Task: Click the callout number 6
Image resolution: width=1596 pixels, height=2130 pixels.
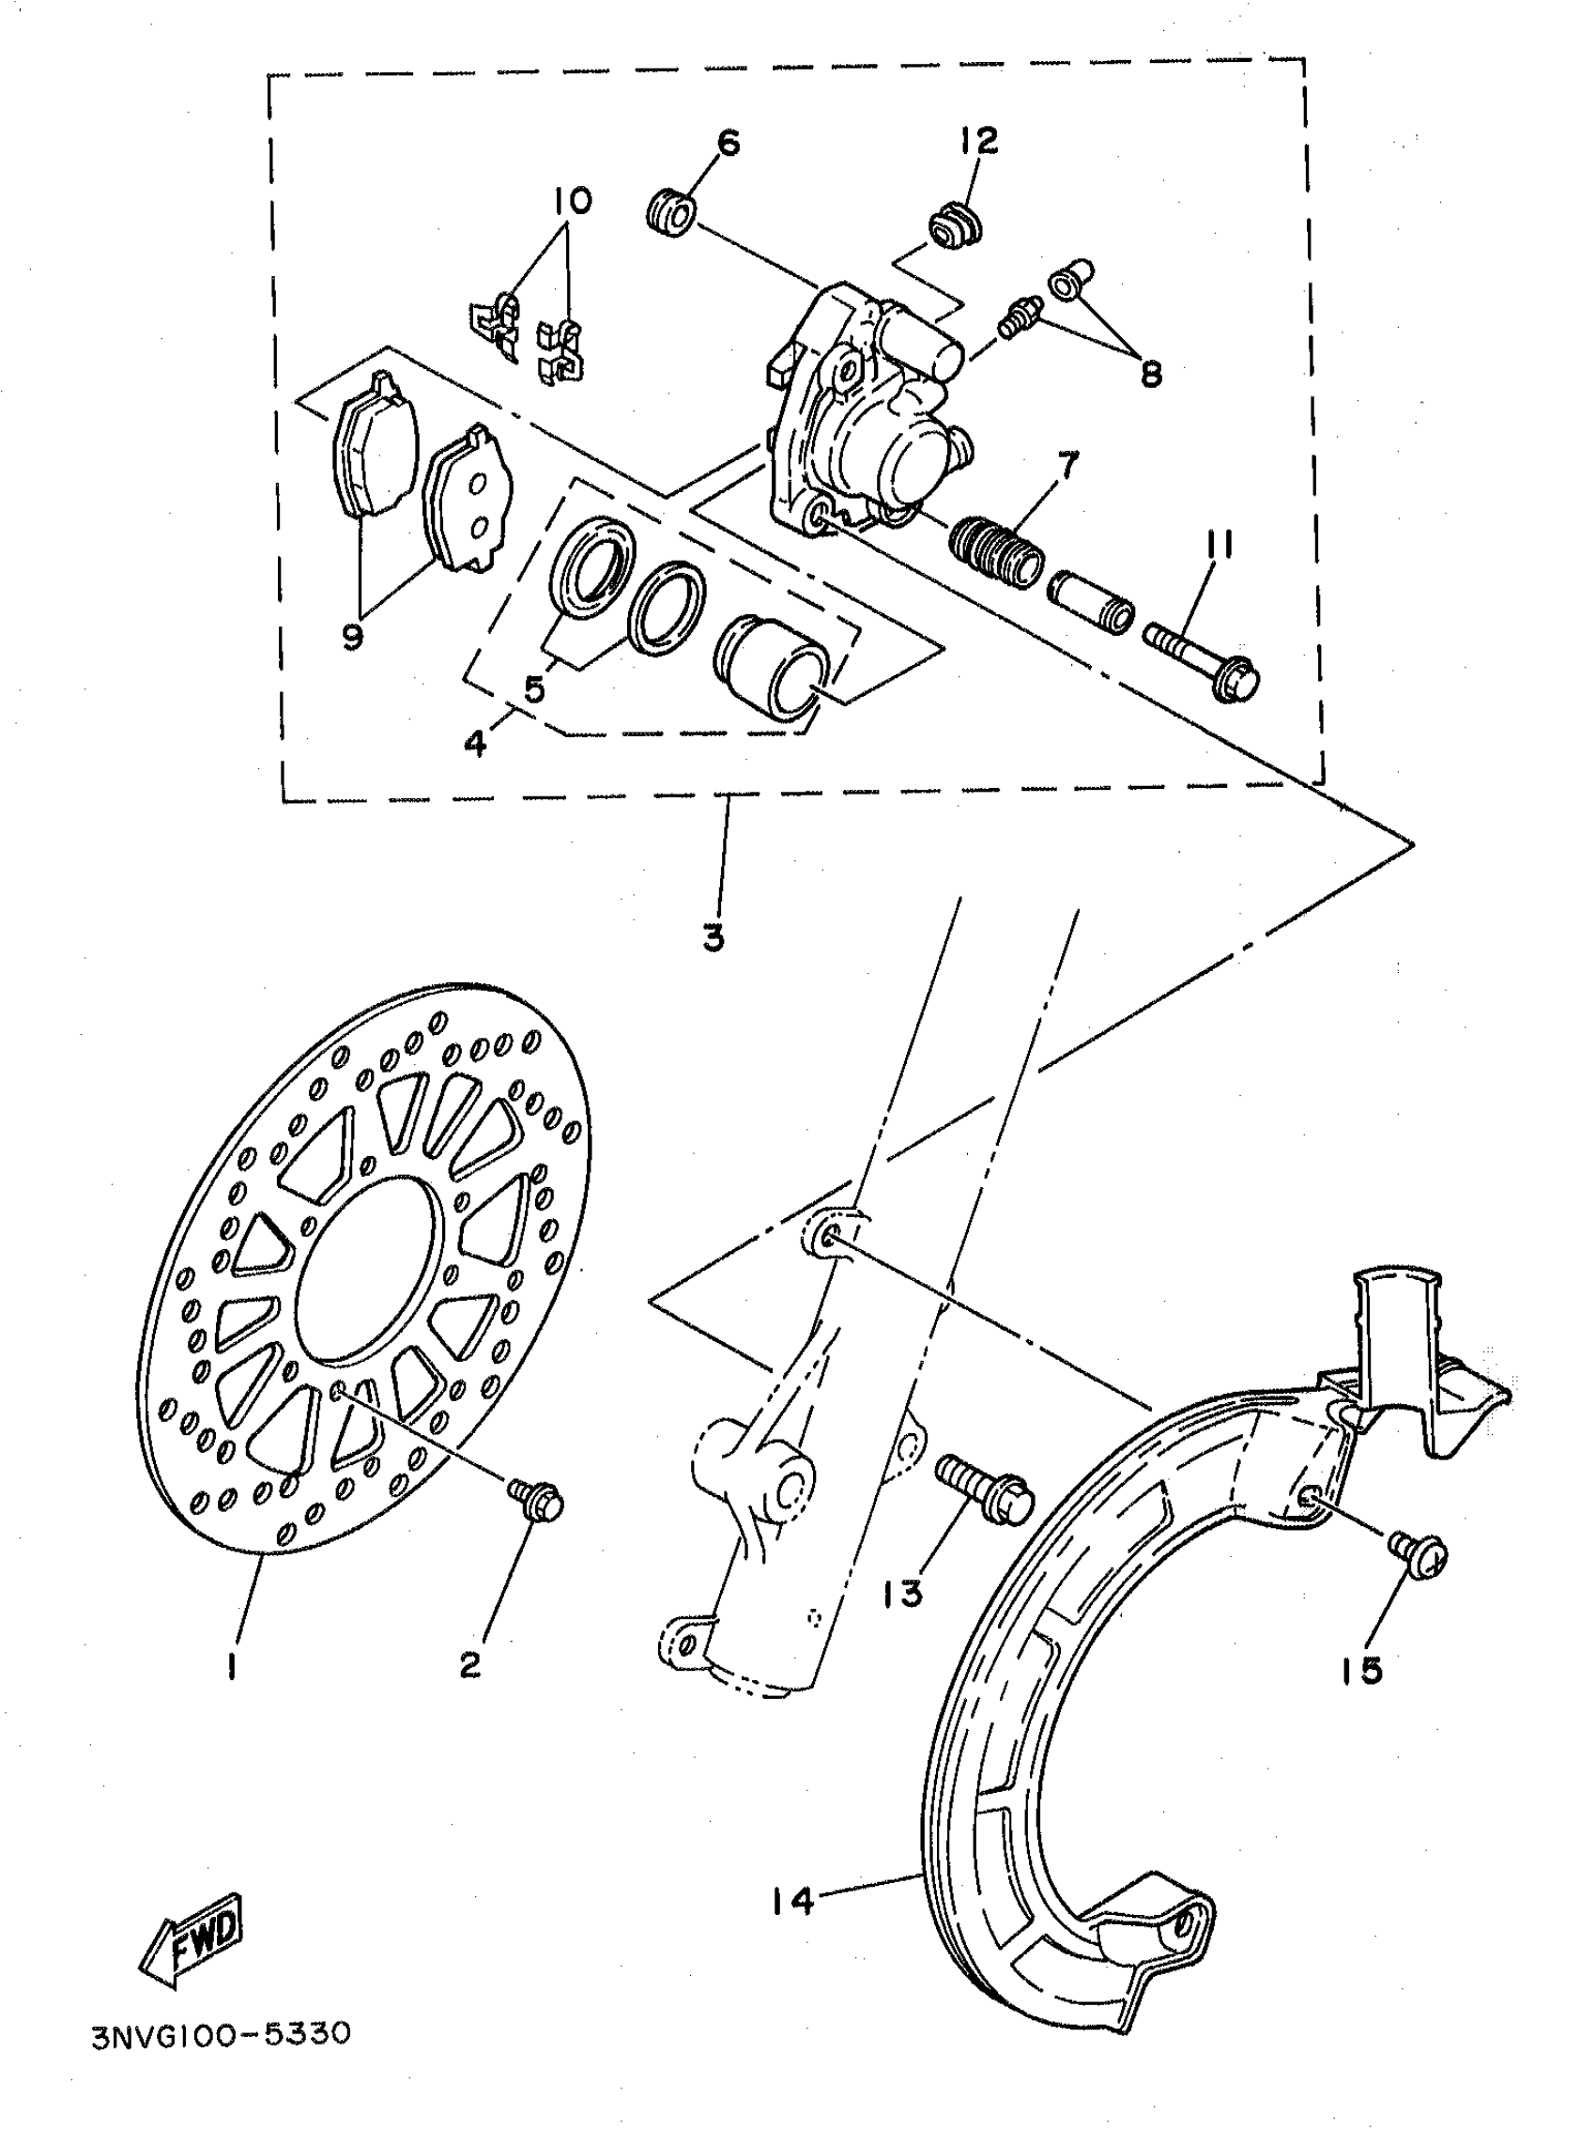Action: click(x=728, y=144)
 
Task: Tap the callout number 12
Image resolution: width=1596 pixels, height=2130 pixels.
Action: click(x=979, y=141)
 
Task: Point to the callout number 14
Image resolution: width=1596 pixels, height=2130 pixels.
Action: click(x=791, y=1900)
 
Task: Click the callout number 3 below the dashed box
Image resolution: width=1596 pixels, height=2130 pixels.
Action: click(x=713, y=938)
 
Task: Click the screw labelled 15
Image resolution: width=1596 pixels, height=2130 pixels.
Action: click(x=1418, y=1552)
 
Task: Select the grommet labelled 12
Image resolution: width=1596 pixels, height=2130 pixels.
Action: click(x=953, y=227)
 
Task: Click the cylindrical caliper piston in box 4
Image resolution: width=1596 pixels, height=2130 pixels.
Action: click(x=769, y=667)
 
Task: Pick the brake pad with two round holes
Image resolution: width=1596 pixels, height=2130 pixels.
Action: click(x=469, y=499)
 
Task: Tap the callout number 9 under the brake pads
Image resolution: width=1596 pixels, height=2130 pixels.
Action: click(x=353, y=636)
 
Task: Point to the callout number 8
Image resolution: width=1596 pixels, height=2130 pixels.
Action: click(x=1151, y=373)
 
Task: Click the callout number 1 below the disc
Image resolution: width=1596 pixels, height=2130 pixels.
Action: click(x=232, y=1668)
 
